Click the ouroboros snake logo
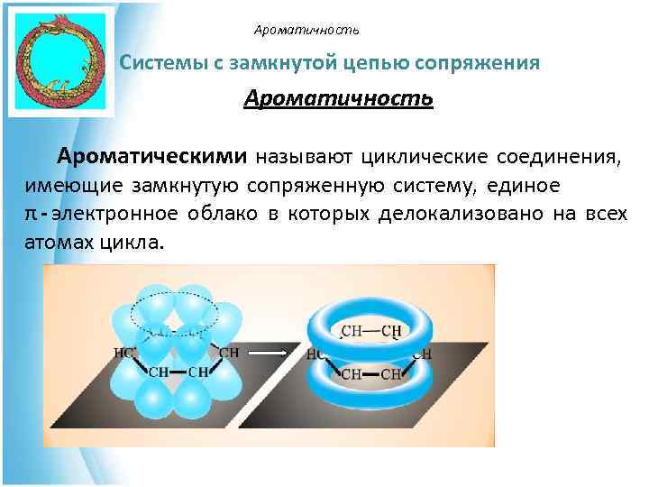pyautogui.click(x=61, y=60)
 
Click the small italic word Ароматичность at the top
pyautogui.click(x=306, y=31)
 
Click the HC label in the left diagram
pyautogui.click(x=123, y=351)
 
